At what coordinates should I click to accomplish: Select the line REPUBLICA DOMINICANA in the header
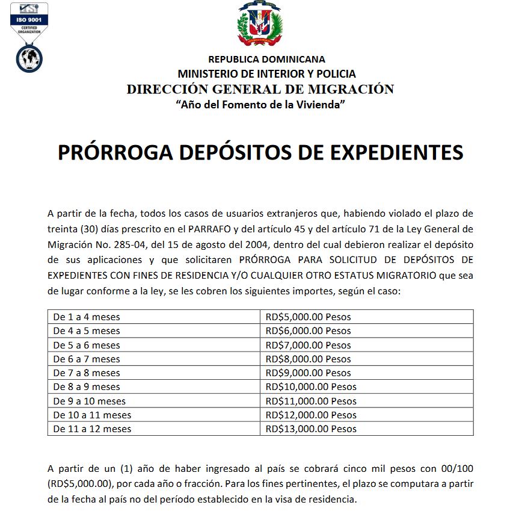266,59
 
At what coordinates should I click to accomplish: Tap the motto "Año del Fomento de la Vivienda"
260,105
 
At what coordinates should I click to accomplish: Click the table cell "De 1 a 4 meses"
87,317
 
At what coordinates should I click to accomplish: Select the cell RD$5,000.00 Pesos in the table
308,317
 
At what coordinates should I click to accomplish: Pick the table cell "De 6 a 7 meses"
87,359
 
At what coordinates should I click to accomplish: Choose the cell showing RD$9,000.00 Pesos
308,373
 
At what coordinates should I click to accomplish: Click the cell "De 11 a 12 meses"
92,429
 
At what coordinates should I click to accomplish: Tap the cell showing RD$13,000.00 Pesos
311,429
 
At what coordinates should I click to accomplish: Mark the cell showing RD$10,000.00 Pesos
311,387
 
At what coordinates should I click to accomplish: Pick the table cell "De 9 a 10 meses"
90,401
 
